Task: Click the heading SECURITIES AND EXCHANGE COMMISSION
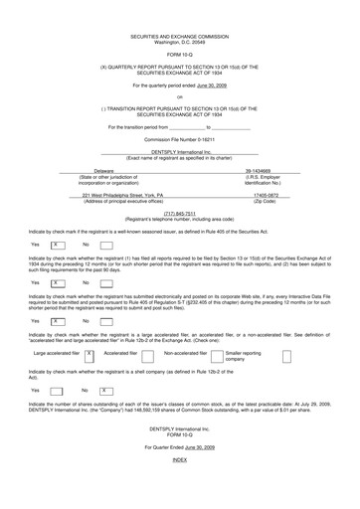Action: tap(180, 35)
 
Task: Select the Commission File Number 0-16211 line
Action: tap(180, 140)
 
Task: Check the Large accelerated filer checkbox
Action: tap(90, 354)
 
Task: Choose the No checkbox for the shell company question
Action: tap(104, 391)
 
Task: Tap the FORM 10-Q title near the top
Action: tap(180, 56)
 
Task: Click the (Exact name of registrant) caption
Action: tap(180, 157)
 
